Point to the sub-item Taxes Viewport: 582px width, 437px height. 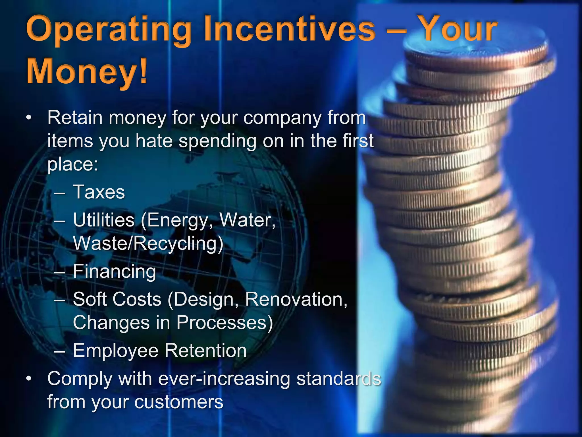coord(99,192)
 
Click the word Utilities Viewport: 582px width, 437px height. coord(104,220)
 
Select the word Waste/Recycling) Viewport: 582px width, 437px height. coord(148,244)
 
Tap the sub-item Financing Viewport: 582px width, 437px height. coord(115,271)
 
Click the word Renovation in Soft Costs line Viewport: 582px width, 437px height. coord(296,299)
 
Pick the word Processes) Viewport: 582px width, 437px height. coord(225,323)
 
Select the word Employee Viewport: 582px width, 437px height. coord(115,351)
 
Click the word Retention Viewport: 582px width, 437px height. coord(206,351)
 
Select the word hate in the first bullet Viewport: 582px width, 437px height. coord(154,141)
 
